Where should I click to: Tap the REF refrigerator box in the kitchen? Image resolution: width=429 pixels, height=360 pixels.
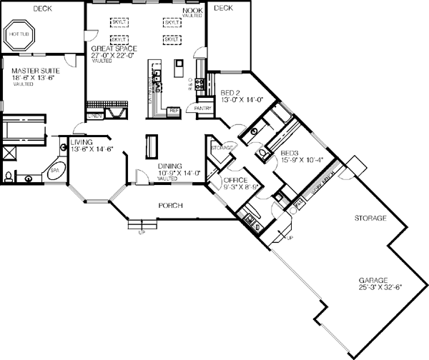click(172, 111)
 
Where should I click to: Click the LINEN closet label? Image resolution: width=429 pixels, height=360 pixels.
click(94, 114)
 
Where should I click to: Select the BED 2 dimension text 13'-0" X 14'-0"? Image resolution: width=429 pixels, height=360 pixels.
click(242, 101)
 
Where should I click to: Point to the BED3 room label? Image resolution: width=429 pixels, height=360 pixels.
click(290, 154)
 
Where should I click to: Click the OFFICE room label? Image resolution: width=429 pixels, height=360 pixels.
click(236, 180)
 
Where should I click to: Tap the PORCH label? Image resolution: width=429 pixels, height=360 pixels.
click(170, 206)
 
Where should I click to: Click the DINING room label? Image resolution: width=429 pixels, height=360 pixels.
click(171, 166)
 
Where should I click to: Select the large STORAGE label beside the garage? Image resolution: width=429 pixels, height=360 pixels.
click(370, 217)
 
